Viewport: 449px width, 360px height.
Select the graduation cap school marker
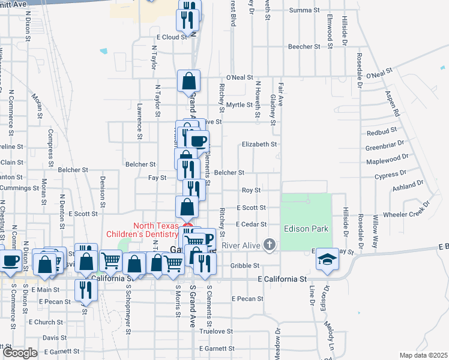tap(327, 259)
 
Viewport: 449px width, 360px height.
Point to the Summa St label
tap(304, 10)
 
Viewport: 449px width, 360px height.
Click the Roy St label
tap(251, 190)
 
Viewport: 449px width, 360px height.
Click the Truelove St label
tap(216, 331)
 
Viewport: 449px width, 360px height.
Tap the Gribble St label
tap(244, 265)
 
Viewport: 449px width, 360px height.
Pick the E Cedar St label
tap(252, 224)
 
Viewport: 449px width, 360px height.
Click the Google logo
tap(20, 353)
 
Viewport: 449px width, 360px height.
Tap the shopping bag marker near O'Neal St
tap(188, 81)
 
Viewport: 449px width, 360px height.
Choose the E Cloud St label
tap(169, 37)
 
